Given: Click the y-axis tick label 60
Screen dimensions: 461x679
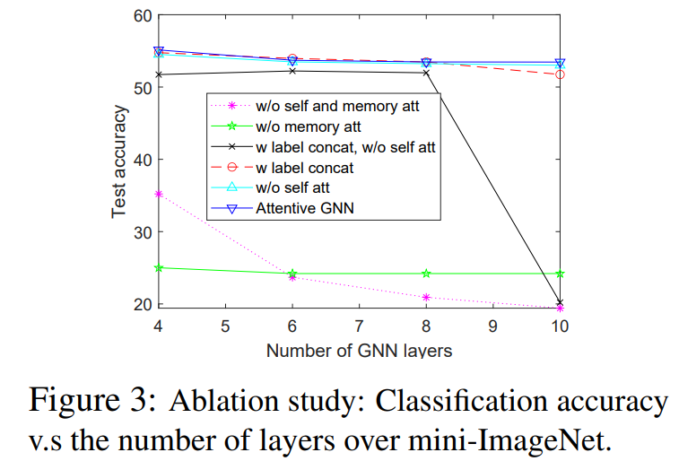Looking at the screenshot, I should (x=142, y=15).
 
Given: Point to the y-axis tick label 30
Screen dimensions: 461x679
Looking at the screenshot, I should (x=142, y=232).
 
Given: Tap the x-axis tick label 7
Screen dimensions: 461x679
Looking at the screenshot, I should (x=359, y=326).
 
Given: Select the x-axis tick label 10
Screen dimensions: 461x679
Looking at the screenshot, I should (x=560, y=326).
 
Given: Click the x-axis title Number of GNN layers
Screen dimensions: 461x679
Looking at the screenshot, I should (x=359, y=350).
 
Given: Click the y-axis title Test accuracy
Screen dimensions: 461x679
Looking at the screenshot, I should (x=119, y=161).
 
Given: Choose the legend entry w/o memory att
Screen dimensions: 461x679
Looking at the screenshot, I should (x=296, y=126).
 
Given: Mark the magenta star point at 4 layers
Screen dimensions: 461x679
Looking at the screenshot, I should (x=159, y=194).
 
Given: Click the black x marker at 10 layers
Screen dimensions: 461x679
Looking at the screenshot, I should (x=560, y=303).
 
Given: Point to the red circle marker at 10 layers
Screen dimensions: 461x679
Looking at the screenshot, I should (x=560, y=74).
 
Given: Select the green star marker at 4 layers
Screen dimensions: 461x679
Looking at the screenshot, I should (x=159, y=267).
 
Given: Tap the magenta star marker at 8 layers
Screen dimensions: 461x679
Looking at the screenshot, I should (x=426, y=297).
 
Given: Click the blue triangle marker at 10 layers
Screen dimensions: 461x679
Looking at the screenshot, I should (x=560, y=63).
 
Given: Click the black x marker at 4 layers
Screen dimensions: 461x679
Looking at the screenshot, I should (x=159, y=74).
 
